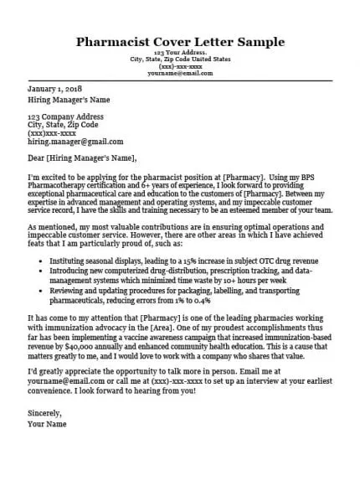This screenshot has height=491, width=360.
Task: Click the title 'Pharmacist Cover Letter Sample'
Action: [x=179, y=41]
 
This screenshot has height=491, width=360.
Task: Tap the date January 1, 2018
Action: [x=54, y=89]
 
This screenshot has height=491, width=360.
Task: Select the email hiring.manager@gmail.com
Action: [x=75, y=142]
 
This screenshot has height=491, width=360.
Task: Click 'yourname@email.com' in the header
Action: [x=179, y=74]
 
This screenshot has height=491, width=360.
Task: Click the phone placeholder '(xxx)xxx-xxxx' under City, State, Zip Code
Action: [x=53, y=132]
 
